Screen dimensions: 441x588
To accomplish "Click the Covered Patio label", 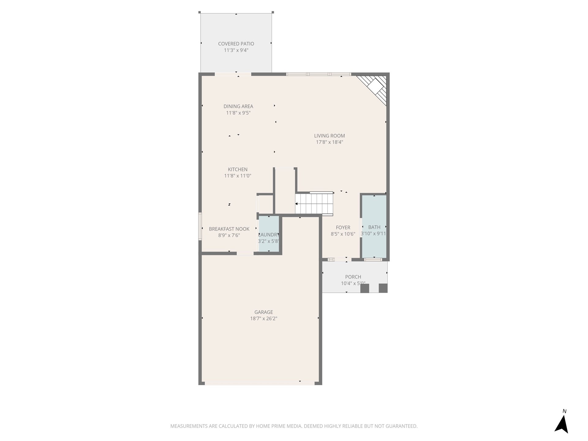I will click(x=236, y=44).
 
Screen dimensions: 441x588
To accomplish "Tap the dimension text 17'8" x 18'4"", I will click(x=329, y=142).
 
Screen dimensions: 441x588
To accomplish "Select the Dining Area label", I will click(x=238, y=106).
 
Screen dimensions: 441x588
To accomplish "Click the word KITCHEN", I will click(x=237, y=169).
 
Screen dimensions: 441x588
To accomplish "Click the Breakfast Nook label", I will click(x=229, y=229).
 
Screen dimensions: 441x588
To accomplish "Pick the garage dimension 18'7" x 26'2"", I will click(x=263, y=318).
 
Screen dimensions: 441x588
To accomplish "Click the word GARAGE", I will click(x=263, y=312).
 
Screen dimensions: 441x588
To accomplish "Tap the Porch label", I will click(x=353, y=277).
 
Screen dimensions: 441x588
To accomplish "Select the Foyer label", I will click(x=343, y=228).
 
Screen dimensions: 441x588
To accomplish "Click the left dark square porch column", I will click(x=364, y=288).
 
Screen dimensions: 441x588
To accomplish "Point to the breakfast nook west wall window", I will click(x=200, y=227).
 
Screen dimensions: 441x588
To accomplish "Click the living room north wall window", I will click(x=318, y=74).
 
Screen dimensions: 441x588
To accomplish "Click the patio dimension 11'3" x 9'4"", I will click(x=236, y=50).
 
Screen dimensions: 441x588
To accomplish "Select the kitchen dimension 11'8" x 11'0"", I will click(x=237, y=176).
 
